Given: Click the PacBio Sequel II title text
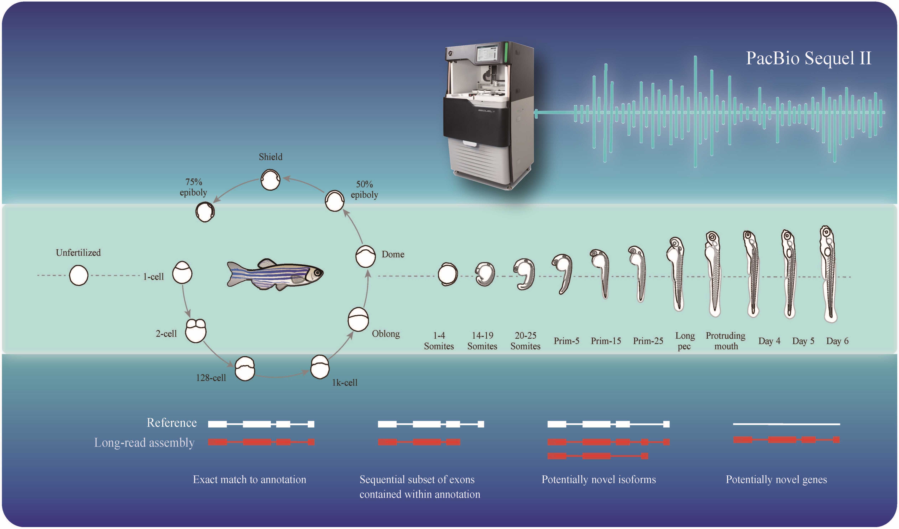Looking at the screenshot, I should point(808,58).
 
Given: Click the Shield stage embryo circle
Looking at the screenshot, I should point(271,180).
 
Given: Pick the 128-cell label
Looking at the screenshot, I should point(211,378).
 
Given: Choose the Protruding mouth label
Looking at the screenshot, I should point(726,341).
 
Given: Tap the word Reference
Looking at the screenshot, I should point(172,423).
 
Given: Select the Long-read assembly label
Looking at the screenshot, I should point(144,443).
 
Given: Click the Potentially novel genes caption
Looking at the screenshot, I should point(776,480).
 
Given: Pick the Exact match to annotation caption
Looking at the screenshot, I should point(249,480).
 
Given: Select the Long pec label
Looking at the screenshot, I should point(685,341).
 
